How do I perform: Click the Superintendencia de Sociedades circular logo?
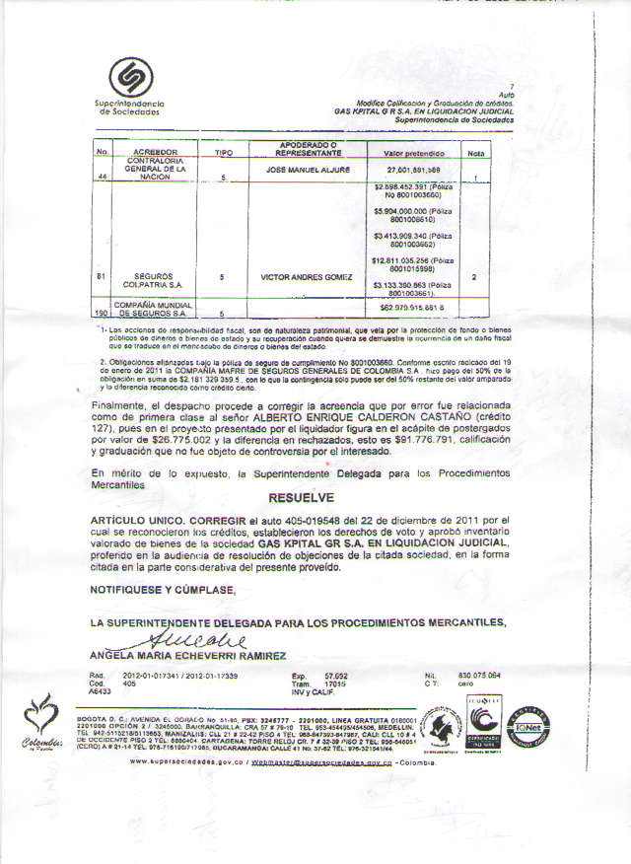pyautogui.click(x=130, y=78)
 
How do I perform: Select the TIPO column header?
pyautogui.click(x=222, y=153)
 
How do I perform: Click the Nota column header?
pyautogui.click(x=475, y=154)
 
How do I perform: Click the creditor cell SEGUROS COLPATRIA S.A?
pyautogui.click(x=150, y=280)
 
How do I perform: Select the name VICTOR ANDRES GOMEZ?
pyautogui.click(x=306, y=277)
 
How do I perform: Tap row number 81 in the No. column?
pyautogui.click(x=102, y=276)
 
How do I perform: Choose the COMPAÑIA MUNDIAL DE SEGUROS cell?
pyautogui.click(x=150, y=308)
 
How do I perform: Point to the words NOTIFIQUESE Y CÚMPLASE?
pyautogui.click(x=163, y=590)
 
